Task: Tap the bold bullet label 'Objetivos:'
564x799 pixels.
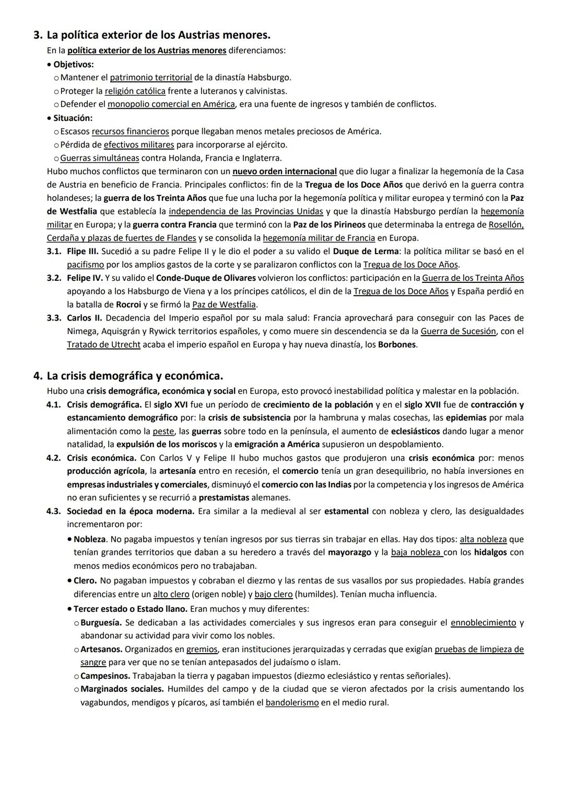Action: click(73, 64)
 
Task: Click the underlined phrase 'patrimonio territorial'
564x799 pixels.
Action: click(151, 77)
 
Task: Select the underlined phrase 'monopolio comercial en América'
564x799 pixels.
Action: click(171, 104)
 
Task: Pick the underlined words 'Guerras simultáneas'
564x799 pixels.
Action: click(100, 158)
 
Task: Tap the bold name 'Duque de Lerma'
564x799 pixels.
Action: click(365, 252)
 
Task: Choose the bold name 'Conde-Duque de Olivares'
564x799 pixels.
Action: click(206, 278)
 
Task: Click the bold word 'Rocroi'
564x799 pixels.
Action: click(128, 304)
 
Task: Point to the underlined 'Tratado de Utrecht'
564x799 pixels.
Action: click(103, 345)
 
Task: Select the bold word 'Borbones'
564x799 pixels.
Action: click(397, 345)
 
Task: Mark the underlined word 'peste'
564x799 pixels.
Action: click(163, 431)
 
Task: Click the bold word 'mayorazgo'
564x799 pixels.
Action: click(349, 552)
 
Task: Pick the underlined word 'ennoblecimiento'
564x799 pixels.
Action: click(483, 623)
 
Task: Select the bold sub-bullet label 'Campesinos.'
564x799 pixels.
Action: click(105, 676)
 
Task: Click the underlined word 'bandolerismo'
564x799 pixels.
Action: click(292, 703)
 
